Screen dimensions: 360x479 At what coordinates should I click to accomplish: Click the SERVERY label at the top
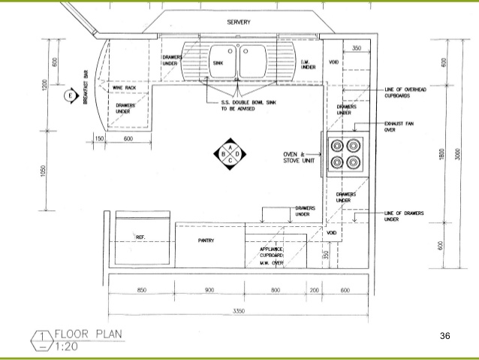coord(239,23)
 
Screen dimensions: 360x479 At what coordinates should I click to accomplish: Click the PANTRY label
coord(207,241)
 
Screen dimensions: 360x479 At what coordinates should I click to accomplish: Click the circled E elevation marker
coord(71,95)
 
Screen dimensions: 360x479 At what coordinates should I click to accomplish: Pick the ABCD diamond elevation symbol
coord(230,155)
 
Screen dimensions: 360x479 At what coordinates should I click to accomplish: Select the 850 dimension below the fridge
coord(141,289)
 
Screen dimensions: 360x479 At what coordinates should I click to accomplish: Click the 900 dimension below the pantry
coord(209,289)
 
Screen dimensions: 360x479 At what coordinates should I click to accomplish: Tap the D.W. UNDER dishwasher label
coord(307,65)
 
